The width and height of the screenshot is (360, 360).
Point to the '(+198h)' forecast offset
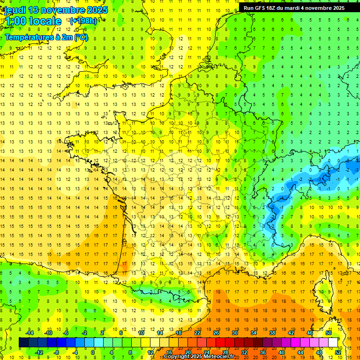point(83,21)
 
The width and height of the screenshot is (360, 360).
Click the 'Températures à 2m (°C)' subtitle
point(46,37)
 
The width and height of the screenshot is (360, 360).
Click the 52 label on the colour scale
point(338,352)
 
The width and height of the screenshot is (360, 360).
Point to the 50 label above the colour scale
point(329,333)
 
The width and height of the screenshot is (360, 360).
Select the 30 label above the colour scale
point(235,333)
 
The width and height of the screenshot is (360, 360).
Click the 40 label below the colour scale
point(282,352)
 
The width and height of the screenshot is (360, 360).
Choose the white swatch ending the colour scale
point(333,343)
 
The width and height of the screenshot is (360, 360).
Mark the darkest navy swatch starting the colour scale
point(23,343)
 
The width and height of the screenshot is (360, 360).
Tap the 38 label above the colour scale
point(272,333)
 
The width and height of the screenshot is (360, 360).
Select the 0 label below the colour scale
point(93,352)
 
